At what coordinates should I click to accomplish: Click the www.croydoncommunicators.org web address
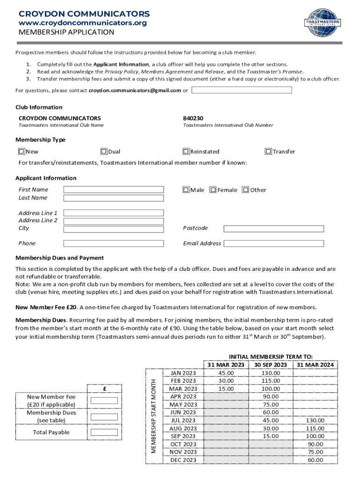[82, 23]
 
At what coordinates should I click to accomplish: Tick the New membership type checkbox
[22, 152]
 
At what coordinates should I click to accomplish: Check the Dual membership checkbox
[104, 152]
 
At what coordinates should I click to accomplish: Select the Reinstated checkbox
[186, 152]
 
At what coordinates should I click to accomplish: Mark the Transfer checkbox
[268, 152]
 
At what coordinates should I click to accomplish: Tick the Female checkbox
[213, 190]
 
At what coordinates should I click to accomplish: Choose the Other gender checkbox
[246, 190]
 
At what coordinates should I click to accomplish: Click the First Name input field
[114, 189]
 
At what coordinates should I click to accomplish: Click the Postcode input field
[274, 228]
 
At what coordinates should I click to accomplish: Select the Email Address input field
[274, 243]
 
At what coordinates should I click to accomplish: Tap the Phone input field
[114, 243]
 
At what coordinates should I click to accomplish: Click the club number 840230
[193, 118]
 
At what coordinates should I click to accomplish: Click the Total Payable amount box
[104, 432]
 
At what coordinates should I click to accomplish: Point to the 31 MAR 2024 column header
[315, 365]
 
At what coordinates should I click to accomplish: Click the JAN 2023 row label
[183, 373]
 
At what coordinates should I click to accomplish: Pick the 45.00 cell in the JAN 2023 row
[226, 373]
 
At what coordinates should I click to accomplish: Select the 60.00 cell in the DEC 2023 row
[315, 460]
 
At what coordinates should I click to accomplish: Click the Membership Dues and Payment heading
[60, 258]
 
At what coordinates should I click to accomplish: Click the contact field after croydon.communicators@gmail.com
[242, 90]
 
